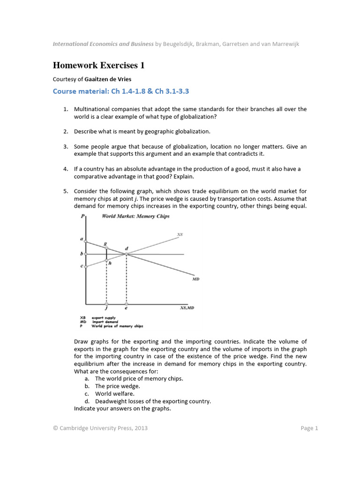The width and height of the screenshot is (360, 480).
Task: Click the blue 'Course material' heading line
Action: pyautogui.click(x=124, y=91)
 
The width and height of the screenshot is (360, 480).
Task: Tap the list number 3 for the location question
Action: pyautogui.click(x=66, y=147)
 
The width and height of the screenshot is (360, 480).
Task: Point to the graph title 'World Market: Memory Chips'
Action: pyautogui.click(x=135, y=216)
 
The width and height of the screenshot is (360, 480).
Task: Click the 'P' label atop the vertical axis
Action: pyautogui.click(x=83, y=216)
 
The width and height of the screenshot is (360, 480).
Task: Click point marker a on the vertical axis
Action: pyautogui.click(x=85, y=241)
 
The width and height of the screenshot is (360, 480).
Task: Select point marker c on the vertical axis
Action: pyautogui.click(x=85, y=267)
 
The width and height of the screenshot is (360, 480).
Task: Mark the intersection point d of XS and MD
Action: pyautogui.click(x=126, y=254)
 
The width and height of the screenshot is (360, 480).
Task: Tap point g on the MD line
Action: pyautogui.click(x=106, y=247)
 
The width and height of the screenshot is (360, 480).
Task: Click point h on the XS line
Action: pyautogui.click(x=106, y=260)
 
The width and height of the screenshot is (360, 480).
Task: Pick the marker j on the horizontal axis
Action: pyautogui.click(x=106, y=306)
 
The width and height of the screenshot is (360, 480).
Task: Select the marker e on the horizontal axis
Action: pyautogui.click(x=126, y=306)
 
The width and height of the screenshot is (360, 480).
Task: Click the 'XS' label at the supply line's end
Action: pyautogui.click(x=180, y=234)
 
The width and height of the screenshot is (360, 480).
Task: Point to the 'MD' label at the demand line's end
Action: pyautogui.click(x=195, y=279)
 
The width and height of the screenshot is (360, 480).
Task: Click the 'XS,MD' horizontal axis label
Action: pyautogui.click(x=187, y=308)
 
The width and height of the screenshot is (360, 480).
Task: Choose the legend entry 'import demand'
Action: pyautogui.click(x=104, y=322)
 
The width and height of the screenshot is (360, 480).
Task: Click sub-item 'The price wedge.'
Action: pyautogui.click(x=117, y=386)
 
